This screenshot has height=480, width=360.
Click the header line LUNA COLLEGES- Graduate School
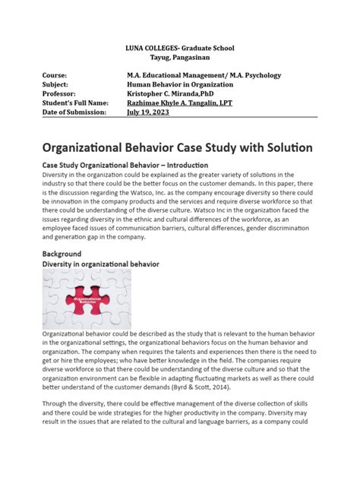pos(180,48)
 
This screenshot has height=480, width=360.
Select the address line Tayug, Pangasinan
pos(180,58)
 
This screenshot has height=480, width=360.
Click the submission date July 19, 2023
pos(148,112)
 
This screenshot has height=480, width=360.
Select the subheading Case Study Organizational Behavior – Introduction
pos(119,165)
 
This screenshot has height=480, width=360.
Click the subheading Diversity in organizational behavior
pos(100,264)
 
